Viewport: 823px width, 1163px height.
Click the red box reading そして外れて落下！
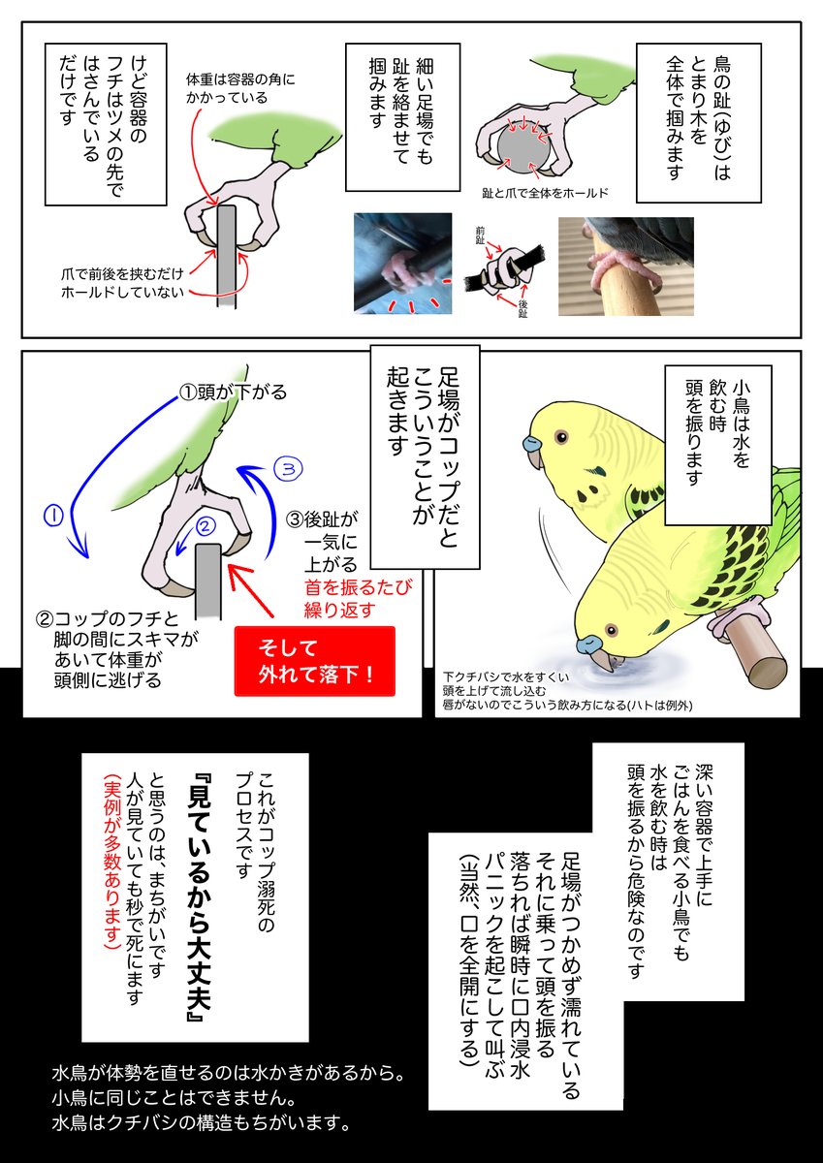(x=315, y=660)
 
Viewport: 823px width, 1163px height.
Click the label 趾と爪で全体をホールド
(x=545, y=193)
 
